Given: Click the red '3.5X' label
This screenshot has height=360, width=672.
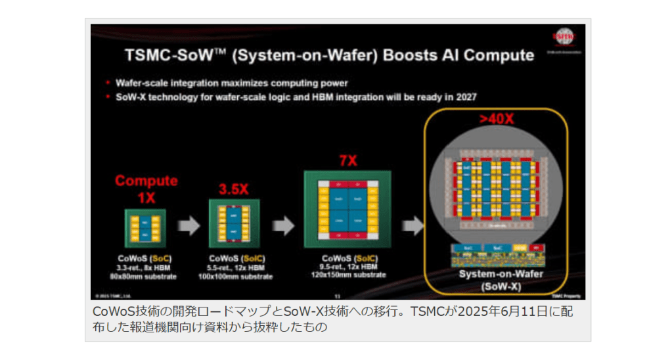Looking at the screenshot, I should (233, 190).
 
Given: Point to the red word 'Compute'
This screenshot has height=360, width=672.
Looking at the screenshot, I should (146, 181).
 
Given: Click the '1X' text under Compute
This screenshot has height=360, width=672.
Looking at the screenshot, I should (146, 196).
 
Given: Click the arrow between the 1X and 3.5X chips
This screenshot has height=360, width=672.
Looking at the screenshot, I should (189, 227).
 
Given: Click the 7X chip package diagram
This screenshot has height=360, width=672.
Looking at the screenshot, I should (347, 208).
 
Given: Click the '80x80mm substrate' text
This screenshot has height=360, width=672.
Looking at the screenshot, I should (146, 277).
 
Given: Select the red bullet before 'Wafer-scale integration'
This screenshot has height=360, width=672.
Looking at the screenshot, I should (108, 83).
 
